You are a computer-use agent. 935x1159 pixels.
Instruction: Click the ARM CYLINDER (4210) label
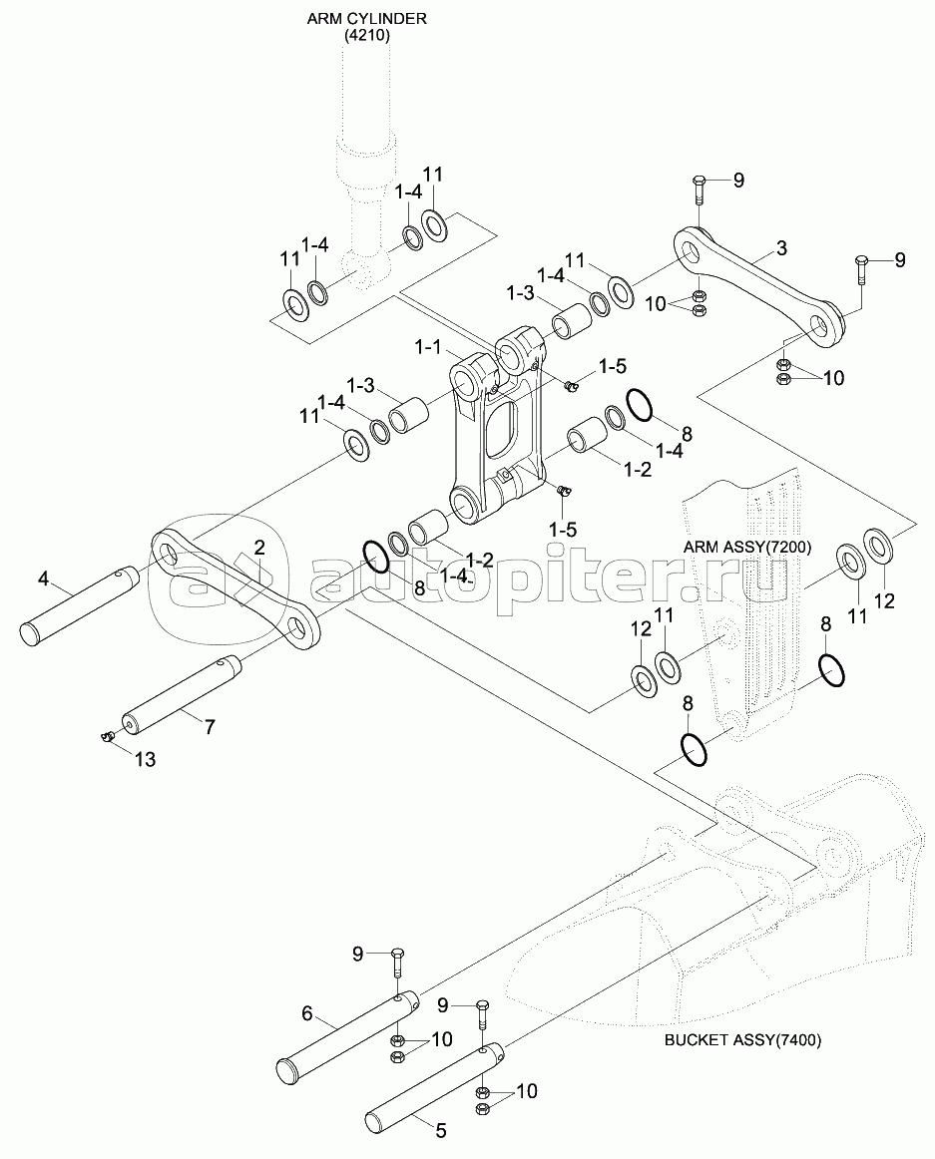point(366,25)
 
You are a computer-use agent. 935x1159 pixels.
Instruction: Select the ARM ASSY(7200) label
point(747,548)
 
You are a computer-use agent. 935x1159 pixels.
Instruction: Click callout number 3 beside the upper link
point(781,245)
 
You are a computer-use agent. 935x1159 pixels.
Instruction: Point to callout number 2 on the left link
point(259,547)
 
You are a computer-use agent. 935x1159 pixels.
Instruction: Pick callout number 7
point(209,727)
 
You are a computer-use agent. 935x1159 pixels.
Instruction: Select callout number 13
point(145,760)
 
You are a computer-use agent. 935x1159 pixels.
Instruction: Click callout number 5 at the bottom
point(440,1131)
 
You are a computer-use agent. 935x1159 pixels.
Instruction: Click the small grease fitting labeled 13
point(106,736)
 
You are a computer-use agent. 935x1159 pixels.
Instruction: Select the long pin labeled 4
point(77,606)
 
